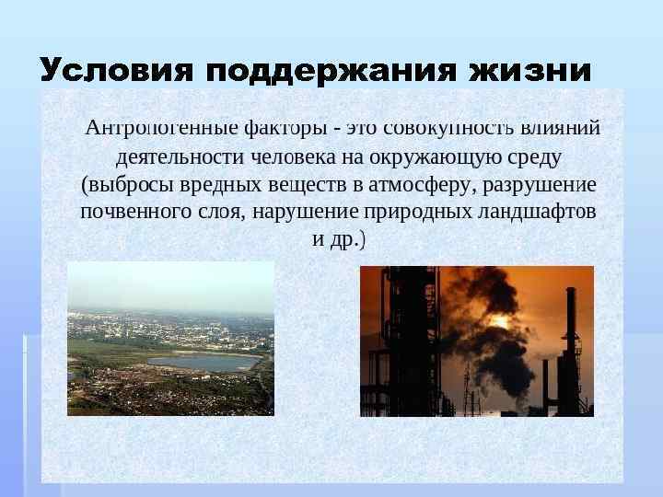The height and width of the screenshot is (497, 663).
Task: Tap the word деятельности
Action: (172, 155)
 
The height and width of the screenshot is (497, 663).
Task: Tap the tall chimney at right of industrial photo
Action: (571, 350)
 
